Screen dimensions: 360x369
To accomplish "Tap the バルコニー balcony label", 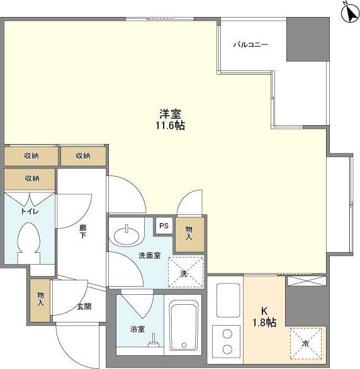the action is [250, 45].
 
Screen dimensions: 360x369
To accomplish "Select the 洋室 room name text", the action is [170, 114].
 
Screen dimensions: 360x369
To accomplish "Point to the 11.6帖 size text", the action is [170, 126].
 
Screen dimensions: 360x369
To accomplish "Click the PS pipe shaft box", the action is [164, 226].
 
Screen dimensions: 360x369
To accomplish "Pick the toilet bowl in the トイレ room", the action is [29, 243].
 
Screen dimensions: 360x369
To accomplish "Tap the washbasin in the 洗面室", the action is [127, 235].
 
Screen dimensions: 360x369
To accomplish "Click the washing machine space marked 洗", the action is [186, 272].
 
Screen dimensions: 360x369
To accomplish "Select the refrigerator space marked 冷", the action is [306, 344].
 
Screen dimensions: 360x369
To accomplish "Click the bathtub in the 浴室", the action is [184, 325].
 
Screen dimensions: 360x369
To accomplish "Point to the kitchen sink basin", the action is [228, 300].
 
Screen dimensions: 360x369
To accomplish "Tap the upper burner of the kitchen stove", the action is [228, 334].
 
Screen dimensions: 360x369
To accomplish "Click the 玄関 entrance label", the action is [84, 306].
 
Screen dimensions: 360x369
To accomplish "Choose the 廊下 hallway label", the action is [82, 231].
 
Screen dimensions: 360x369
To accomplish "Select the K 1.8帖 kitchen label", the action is [264, 317].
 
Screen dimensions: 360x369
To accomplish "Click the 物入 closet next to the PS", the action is [189, 234].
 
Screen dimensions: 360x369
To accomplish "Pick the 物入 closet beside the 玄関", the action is [40, 300].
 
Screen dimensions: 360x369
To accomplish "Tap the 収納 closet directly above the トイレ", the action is [30, 179].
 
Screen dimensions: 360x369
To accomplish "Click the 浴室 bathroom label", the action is [137, 329].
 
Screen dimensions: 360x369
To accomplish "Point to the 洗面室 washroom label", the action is [150, 255].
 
